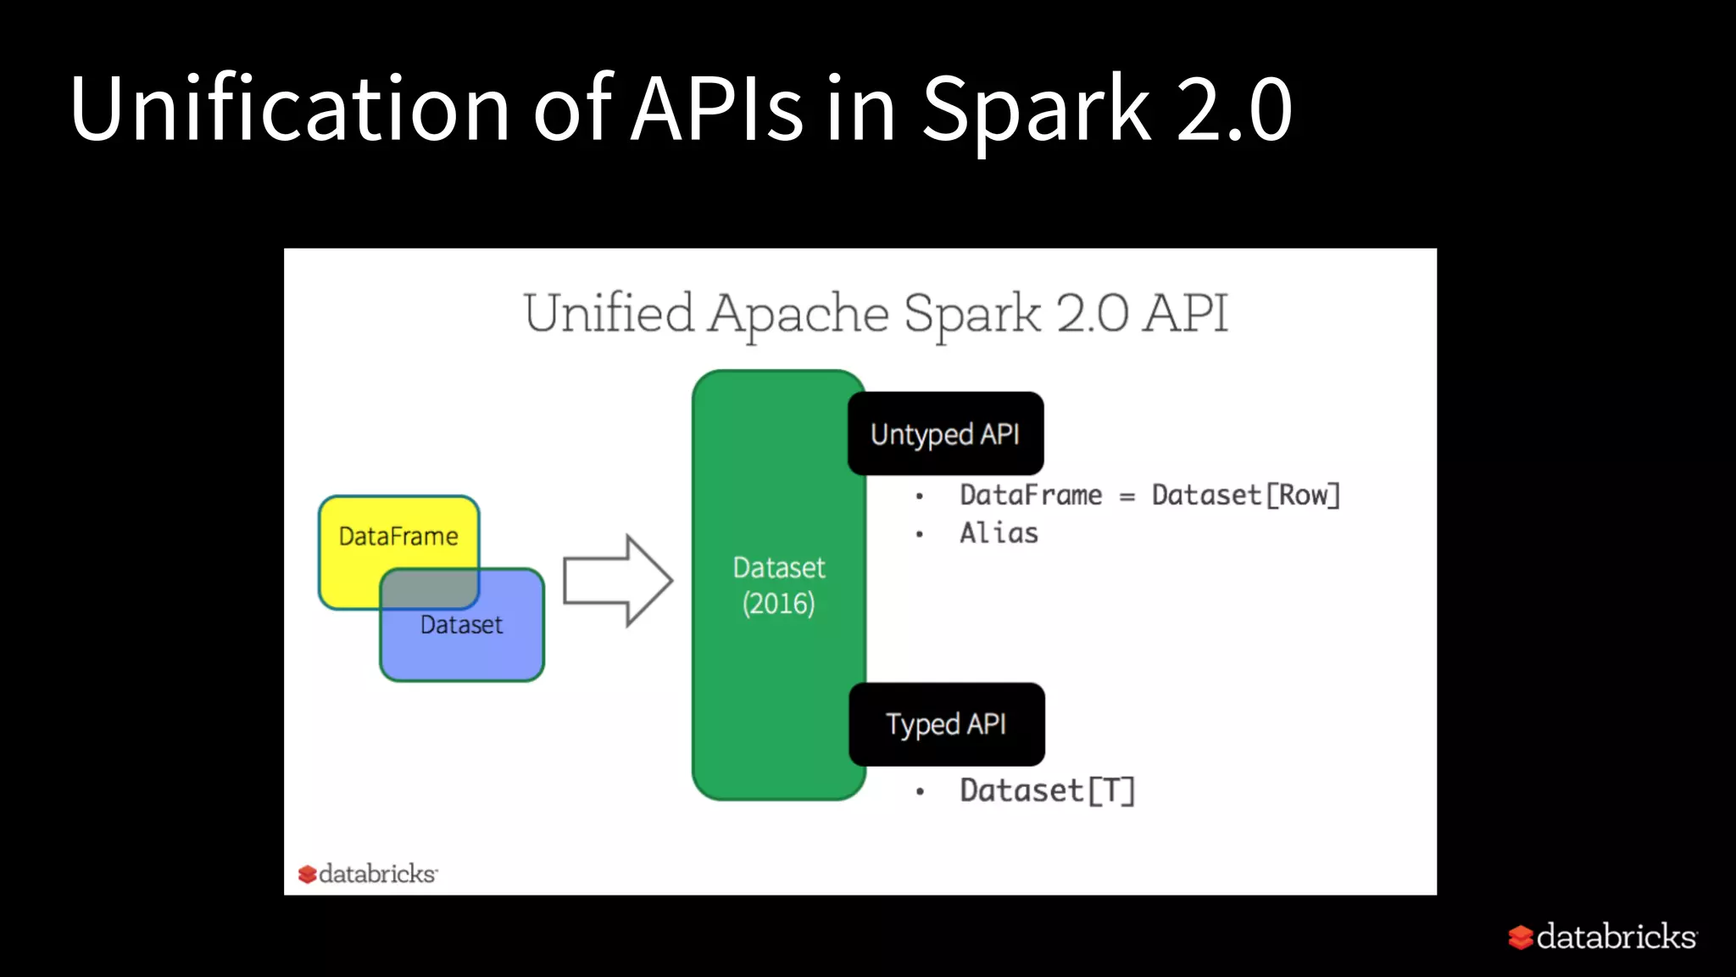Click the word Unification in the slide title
[x=288, y=109]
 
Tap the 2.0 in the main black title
[x=1233, y=109]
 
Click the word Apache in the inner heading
[x=798, y=314]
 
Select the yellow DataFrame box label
[x=398, y=537]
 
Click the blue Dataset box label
[x=461, y=625]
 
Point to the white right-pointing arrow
[x=617, y=581]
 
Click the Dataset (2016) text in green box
[x=778, y=585]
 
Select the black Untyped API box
[x=945, y=433]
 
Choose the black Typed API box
[x=946, y=724]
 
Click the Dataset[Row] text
[x=1245, y=495]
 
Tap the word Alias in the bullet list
[x=999, y=533]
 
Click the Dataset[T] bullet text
[x=1047, y=790]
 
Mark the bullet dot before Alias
[x=920, y=534]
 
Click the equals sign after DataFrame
[x=1127, y=497]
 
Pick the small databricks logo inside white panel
[x=368, y=874]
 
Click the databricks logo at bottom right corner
[x=1602, y=937]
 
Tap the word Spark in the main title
[x=1036, y=109]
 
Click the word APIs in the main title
[x=717, y=109]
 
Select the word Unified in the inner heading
[x=609, y=314]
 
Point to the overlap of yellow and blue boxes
[x=430, y=589]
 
